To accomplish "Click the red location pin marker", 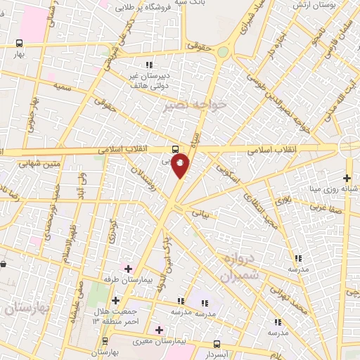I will [x=181, y=165].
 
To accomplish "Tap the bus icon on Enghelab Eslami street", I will [x=175, y=149].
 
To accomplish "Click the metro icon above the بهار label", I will [x=19, y=43].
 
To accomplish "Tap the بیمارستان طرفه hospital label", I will [x=123, y=278].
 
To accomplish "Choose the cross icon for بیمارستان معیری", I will [x=160, y=329].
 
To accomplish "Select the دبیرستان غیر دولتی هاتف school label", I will [x=148, y=79].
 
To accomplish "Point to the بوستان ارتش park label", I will [x=330, y=5].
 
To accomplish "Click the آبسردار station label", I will [x=216, y=354].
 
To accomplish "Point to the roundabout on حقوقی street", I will [x=223, y=51].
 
